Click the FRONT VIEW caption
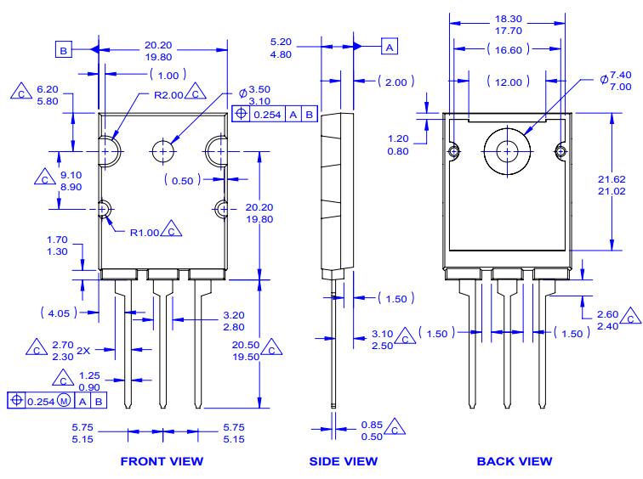click(162, 461)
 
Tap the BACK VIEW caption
click(513, 461)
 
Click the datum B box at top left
click(65, 51)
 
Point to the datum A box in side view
click(389, 48)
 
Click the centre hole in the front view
click(162, 150)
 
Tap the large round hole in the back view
click(507, 151)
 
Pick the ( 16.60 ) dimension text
click(509, 52)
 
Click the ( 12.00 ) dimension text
click(509, 81)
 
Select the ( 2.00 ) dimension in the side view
click(396, 82)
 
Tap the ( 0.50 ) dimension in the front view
click(186, 180)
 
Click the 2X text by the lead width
click(83, 350)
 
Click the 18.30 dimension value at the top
click(508, 16)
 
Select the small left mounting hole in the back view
click(454, 151)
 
